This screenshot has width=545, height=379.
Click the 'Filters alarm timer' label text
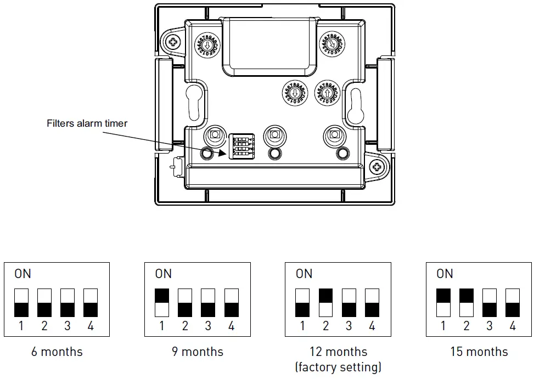[87, 123]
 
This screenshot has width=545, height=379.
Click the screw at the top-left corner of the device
[173, 42]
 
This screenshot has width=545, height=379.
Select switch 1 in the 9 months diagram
[162, 302]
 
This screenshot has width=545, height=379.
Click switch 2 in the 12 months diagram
[325, 302]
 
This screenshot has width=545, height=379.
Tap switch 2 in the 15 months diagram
[466, 302]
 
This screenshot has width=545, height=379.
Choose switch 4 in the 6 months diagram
[91, 302]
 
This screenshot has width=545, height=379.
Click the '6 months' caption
[57, 352]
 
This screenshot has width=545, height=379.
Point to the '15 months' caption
[479, 352]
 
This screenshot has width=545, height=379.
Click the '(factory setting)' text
[338, 366]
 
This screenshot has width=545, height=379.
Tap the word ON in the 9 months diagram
[164, 273]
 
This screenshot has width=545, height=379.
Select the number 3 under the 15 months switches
[490, 326]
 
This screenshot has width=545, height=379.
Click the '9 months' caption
[198, 352]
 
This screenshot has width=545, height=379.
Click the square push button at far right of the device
[334, 134]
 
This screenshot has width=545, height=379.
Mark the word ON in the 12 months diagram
[304, 273]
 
